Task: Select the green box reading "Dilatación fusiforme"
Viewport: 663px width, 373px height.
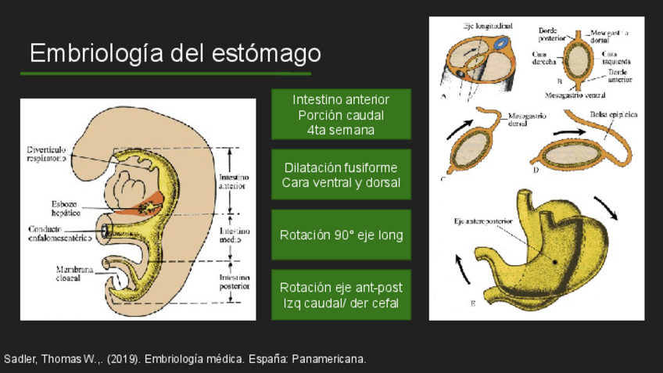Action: (341, 175)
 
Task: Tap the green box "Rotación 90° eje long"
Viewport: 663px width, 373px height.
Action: (341, 235)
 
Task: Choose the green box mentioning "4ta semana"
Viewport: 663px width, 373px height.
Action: (341, 115)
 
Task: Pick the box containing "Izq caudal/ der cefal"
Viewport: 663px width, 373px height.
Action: (341, 295)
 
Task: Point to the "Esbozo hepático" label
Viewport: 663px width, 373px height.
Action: (57, 207)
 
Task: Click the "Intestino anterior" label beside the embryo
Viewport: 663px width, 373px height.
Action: (234, 181)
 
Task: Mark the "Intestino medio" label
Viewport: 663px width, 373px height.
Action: (235, 235)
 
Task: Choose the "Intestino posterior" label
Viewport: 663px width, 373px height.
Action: (235, 282)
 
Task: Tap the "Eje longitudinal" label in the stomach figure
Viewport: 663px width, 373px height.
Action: (488, 26)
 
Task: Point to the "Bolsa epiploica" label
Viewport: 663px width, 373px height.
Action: (613, 114)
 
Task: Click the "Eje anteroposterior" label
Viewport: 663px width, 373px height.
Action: (483, 221)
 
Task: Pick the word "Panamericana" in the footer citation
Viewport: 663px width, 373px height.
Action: (327, 359)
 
